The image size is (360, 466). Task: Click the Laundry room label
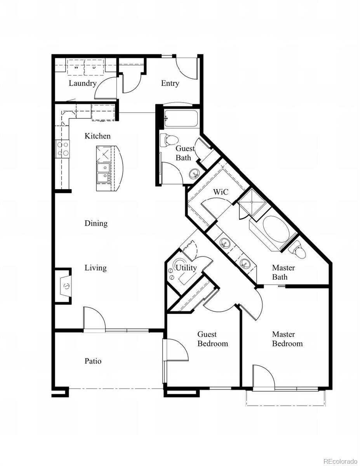[x=82, y=83]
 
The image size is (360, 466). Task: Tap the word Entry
[x=170, y=83]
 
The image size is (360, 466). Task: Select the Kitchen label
[x=97, y=136]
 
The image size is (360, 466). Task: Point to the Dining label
[x=96, y=223]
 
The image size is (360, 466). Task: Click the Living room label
[x=96, y=268]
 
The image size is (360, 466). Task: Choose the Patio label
[x=93, y=361]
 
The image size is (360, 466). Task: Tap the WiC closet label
[x=220, y=192]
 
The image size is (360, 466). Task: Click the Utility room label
[x=186, y=268]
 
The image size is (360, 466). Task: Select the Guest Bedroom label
[x=212, y=339]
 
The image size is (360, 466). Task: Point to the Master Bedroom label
[x=287, y=339]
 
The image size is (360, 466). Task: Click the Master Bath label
[x=283, y=272]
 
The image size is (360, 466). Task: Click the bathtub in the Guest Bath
[x=181, y=118]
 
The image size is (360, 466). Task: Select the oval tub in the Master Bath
[x=276, y=229]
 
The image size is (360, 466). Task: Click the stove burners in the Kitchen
[x=63, y=149]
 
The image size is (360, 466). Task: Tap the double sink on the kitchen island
[x=104, y=173]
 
